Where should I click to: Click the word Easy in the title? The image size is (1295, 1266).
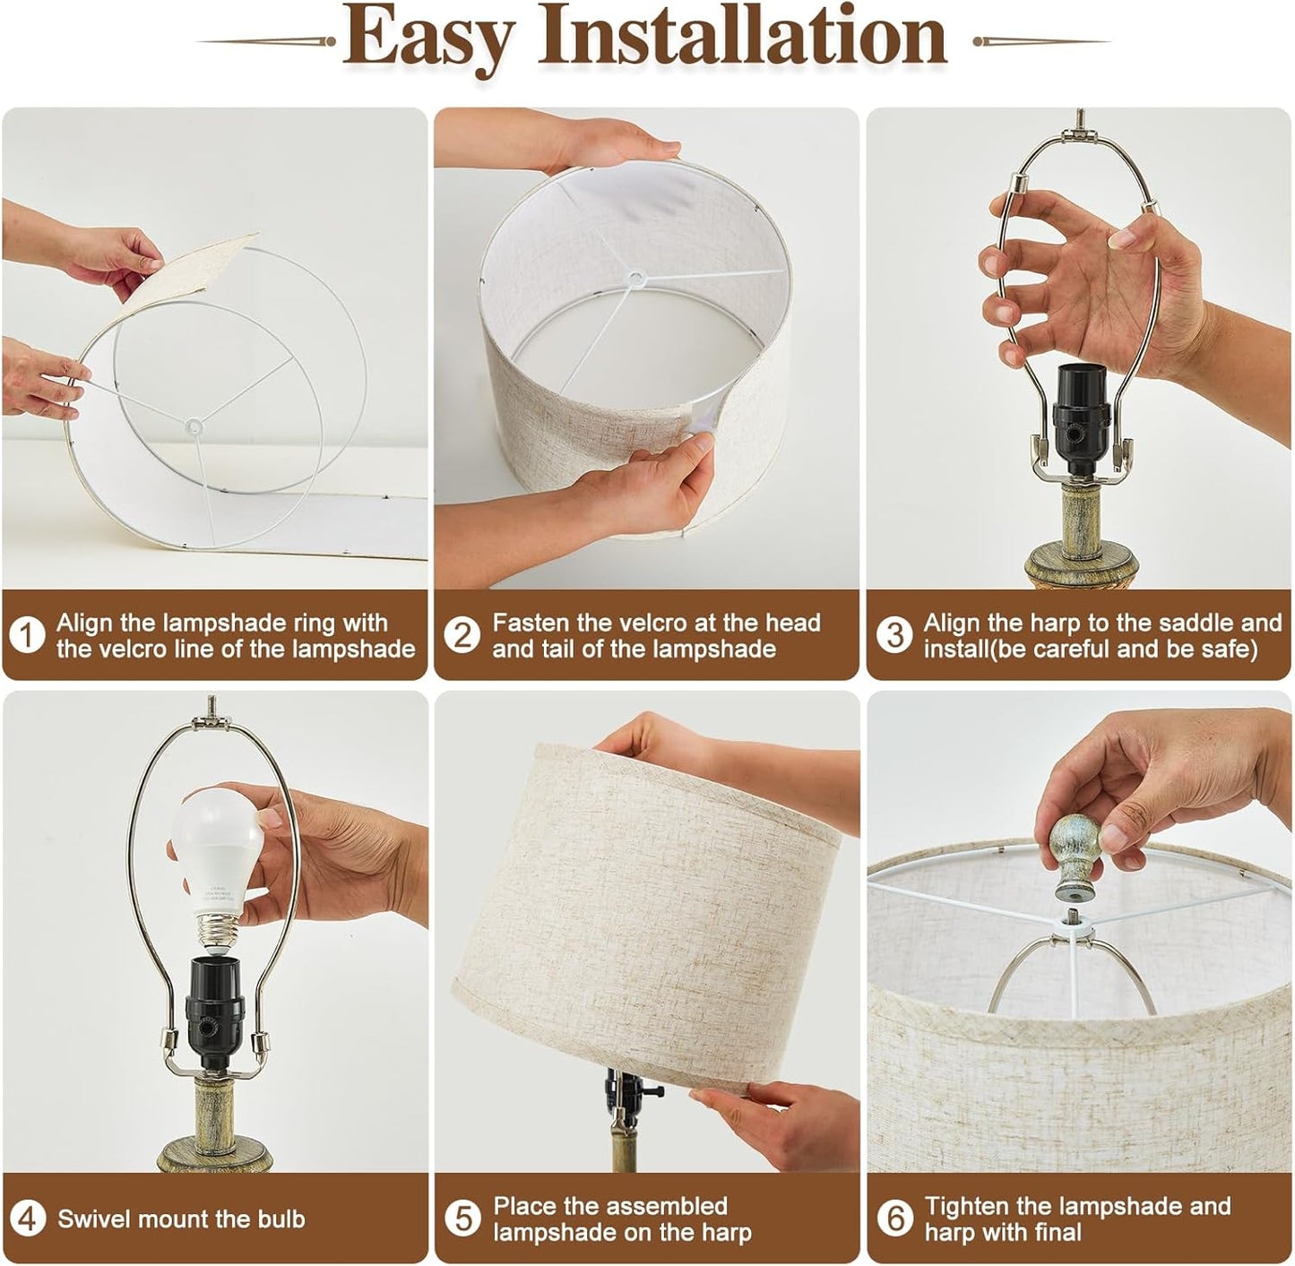(428, 38)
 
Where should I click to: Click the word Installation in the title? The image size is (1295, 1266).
(741, 36)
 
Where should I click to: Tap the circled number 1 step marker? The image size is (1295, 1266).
(28, 636)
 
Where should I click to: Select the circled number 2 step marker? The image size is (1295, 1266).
(462, 636)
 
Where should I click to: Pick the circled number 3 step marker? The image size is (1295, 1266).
(894, 636)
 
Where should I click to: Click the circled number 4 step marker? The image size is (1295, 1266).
(28, 1219)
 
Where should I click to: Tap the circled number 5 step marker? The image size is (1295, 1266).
(462, 1219)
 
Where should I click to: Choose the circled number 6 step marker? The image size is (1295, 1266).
(894, 1219)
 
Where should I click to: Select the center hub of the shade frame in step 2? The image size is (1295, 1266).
(636, 279)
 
